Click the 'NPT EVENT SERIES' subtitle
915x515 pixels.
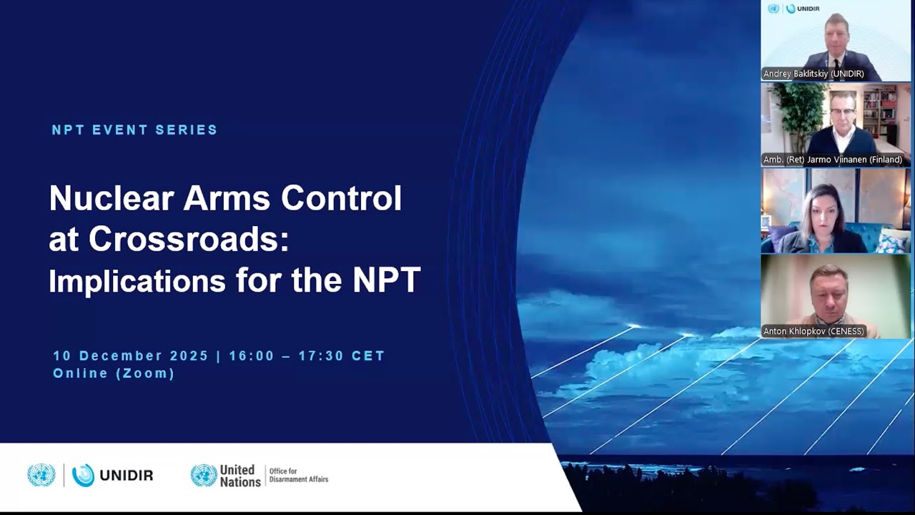pyautogui.click(x=134, y=130)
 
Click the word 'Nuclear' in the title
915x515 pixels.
pyautogui.click(x=112, y=198)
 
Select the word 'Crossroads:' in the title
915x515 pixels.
pyautogui.click(x=189, y=240)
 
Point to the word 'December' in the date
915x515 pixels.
pyautogui.click(x=120, y=356)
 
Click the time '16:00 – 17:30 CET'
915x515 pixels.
pyautogui.click(x=307, y=356)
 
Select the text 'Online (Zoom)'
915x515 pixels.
pyautogui.click(x=114, y=373)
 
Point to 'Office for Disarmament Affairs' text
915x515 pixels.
pyautogui.click(x=298, y=476)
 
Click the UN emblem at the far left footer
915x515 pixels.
pyautogui.click(x=41, y=475)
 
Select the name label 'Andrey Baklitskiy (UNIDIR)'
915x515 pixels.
pyautogui.click(x=813, y=74)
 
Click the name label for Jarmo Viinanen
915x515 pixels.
pyautogui.click(x=833, y=160)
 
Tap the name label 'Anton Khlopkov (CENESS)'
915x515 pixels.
pyautogui.click(x=813, y=331)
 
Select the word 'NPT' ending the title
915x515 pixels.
pyautogui.click(x=386, y=281)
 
